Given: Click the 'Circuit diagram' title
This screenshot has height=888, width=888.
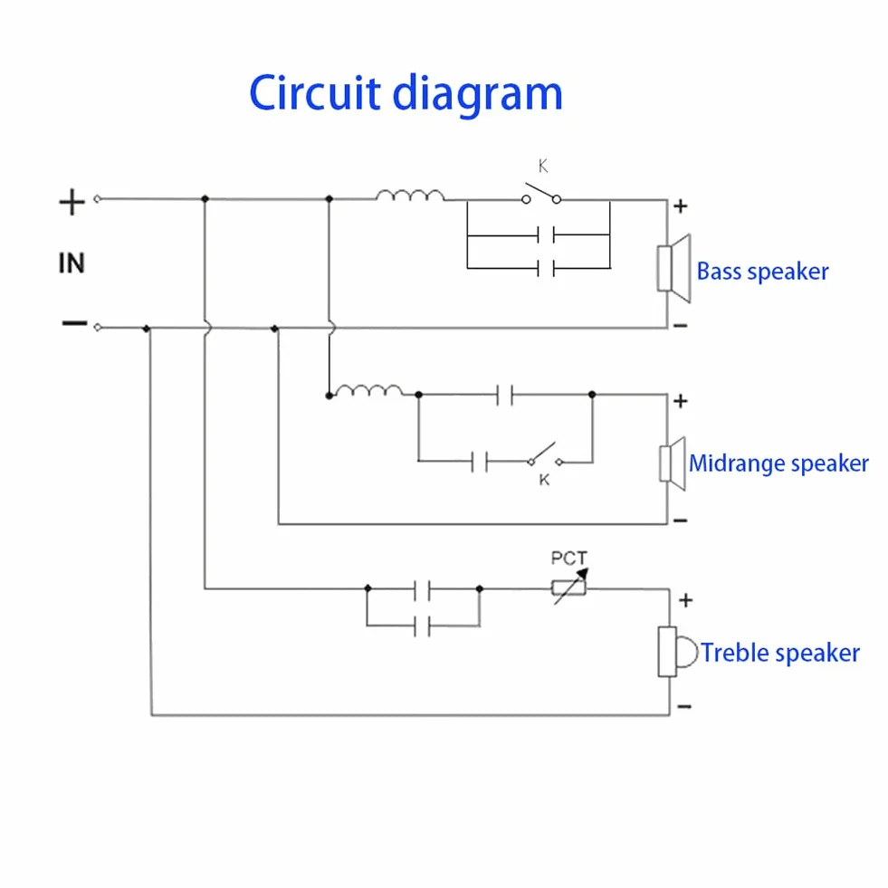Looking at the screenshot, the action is (x=406, y=94).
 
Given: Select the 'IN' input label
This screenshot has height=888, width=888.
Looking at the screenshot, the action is (x=72, y=263).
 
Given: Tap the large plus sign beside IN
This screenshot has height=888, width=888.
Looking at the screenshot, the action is (x=72, y=202).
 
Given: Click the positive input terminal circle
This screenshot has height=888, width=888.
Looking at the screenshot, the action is (x=98, y=199).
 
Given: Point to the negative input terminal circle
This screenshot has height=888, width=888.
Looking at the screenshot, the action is (x=98, y=328).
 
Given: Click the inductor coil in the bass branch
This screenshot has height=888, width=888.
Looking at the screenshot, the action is (x=410, y=196).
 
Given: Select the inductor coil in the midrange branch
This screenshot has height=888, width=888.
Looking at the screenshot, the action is (x=368, y=390).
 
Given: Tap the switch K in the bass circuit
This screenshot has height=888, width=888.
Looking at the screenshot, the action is (x=541, y=194).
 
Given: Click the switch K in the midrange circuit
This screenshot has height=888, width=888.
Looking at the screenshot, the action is (x=546, y=455).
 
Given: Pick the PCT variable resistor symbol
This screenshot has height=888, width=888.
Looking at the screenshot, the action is (x=569, y=587).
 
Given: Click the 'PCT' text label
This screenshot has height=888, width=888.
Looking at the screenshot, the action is (x=569, y=559).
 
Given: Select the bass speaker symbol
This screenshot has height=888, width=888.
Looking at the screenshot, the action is (x=674, y=268).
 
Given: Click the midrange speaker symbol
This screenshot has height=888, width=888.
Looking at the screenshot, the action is (x=673, y=463).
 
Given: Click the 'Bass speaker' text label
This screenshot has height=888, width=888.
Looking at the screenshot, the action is (x=762, y=272).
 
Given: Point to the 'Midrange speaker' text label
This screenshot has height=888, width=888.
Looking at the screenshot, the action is (x=778, y=463).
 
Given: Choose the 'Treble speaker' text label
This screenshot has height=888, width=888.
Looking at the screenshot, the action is (x=780, y=653).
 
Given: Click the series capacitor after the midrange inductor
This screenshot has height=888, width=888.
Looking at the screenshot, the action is (x=504, y=395).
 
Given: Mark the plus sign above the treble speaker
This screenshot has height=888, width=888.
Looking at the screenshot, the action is (x=685, y=600).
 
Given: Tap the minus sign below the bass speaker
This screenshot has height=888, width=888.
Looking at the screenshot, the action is (x=680, y=326).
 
